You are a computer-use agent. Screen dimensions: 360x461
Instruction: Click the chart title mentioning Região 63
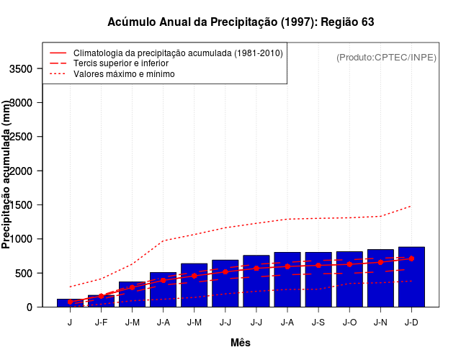coord(241,22)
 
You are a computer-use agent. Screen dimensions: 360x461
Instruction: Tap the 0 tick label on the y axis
coord(29,307)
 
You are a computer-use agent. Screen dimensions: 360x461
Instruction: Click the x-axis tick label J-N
coord(380,323)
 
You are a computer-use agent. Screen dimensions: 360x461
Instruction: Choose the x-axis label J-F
coord(101,323)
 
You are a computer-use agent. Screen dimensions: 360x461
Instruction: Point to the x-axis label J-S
coord(318,323)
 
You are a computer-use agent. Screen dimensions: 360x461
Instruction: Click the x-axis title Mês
coord(241,343)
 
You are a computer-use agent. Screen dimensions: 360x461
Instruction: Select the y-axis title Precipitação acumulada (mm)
coord(7,175)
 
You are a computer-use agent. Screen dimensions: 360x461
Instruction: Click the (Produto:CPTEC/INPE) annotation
coord(386,57)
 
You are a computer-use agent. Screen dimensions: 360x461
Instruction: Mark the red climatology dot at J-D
coord(411,258)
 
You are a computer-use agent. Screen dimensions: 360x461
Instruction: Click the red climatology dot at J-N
coord(380,262)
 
